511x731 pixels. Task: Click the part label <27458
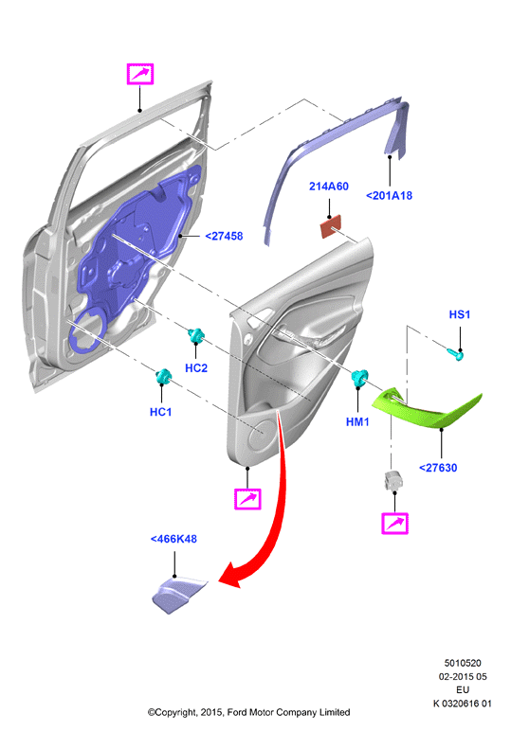[224, 237]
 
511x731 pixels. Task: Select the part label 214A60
[329, 187]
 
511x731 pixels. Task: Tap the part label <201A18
[390, 196]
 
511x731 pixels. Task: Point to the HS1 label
[459, 314]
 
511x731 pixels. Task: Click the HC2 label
[196, 368]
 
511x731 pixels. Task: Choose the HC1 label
[160, 412]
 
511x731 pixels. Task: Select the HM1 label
[357, 422]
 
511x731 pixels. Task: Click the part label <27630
[438, 468]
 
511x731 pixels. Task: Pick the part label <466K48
[173, 539]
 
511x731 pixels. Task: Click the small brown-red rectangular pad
[331, 226]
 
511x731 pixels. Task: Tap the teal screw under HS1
[456, 355]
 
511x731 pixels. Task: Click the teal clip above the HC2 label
[196, 335]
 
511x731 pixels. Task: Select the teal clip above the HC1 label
[164, 376]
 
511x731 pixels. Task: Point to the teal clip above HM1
[359, 378]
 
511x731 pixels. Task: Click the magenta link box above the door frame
[140, 74]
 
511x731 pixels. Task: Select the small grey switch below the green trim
[391, 481]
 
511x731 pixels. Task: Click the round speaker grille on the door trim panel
[262, 436]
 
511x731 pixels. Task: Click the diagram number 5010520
[463, 663]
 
